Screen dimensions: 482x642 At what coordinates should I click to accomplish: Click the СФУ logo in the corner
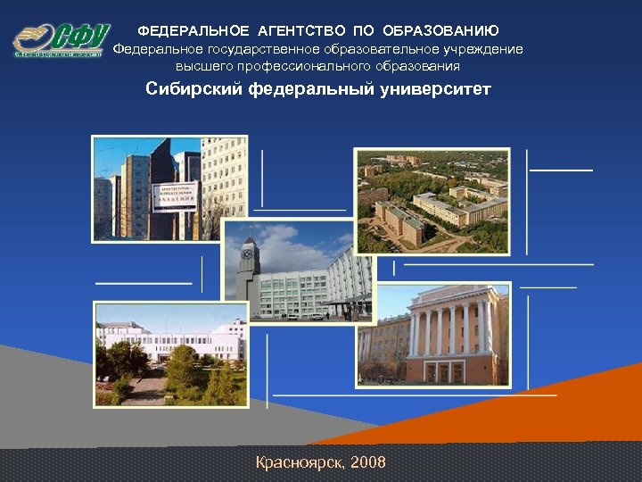click(x=61, y=40)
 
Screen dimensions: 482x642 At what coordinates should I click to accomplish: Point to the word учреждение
click(x=481, y=49)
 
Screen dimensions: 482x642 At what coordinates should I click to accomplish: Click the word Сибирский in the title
click(x=194, y=90)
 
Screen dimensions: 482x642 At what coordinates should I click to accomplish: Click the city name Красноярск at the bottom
click(x=299, y=462)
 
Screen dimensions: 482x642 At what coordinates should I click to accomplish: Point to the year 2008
click(x=368, y=462)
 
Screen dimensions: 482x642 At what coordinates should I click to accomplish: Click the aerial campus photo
click(x=432, y=201)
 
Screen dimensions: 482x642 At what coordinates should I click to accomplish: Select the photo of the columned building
click(x=433, y=335)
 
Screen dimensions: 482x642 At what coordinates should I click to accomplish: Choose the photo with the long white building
click(x=169, y=353)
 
